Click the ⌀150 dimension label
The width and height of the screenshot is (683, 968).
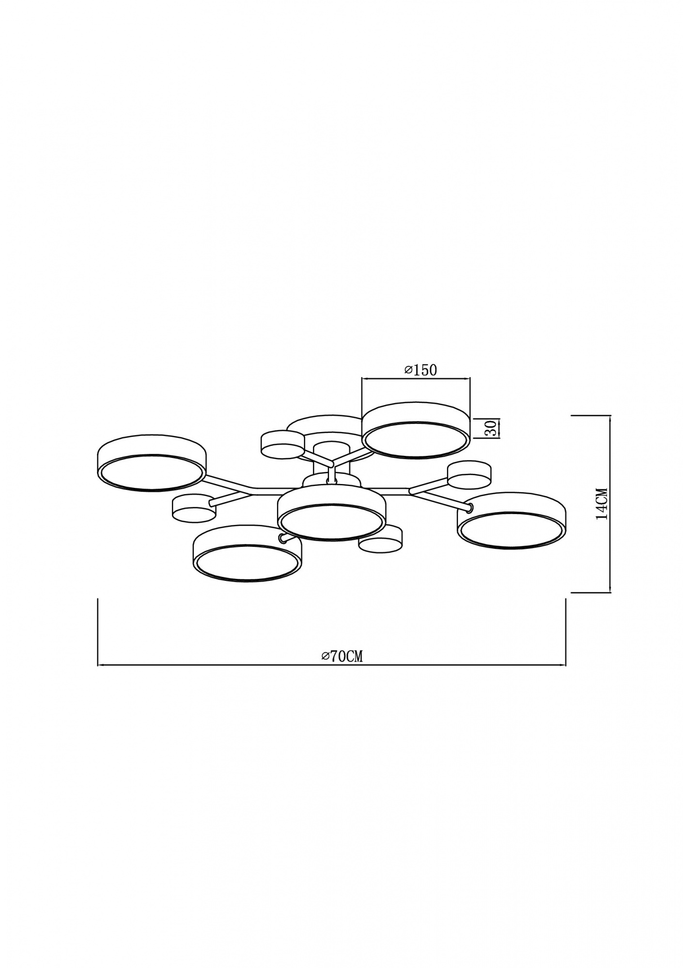point(420,370)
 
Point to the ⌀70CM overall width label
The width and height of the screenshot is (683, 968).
point(342,656)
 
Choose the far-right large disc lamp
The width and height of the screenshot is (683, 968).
point(512,521)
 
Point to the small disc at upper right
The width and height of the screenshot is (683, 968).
point(469,475)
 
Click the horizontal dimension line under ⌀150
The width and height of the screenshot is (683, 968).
point(416,378)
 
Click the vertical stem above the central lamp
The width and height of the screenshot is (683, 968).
point(331,473)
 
